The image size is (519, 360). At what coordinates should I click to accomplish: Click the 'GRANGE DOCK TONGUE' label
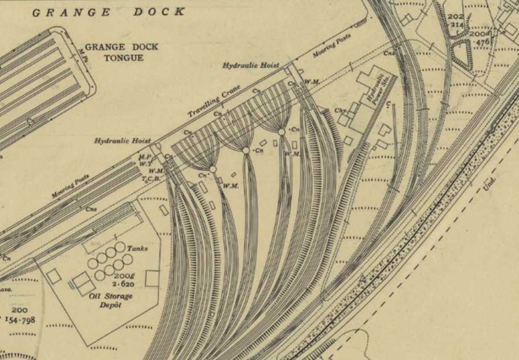pyautogui.click(x=121, y=52)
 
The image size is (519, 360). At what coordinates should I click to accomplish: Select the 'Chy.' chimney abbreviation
pyautogui.click(x=341, y=111)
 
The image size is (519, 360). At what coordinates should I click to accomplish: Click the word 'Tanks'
pyautogui.click(x=138, y=249)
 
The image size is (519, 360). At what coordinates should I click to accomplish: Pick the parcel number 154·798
pyautogui.click(x=21, y=320)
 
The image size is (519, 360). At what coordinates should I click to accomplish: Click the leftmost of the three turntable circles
pyautogui.click(x=212, y=169)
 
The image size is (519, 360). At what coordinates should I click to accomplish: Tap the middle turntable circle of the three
pyautogui.click(x=246, y=150)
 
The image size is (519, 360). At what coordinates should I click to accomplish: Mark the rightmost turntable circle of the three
pyautogui.click(x=281, y=132)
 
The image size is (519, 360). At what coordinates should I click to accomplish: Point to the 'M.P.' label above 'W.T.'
pyautogui.click(x=144, y=157)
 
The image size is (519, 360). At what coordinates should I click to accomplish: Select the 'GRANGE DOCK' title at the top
pyautogui.click(x=108, y=11)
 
